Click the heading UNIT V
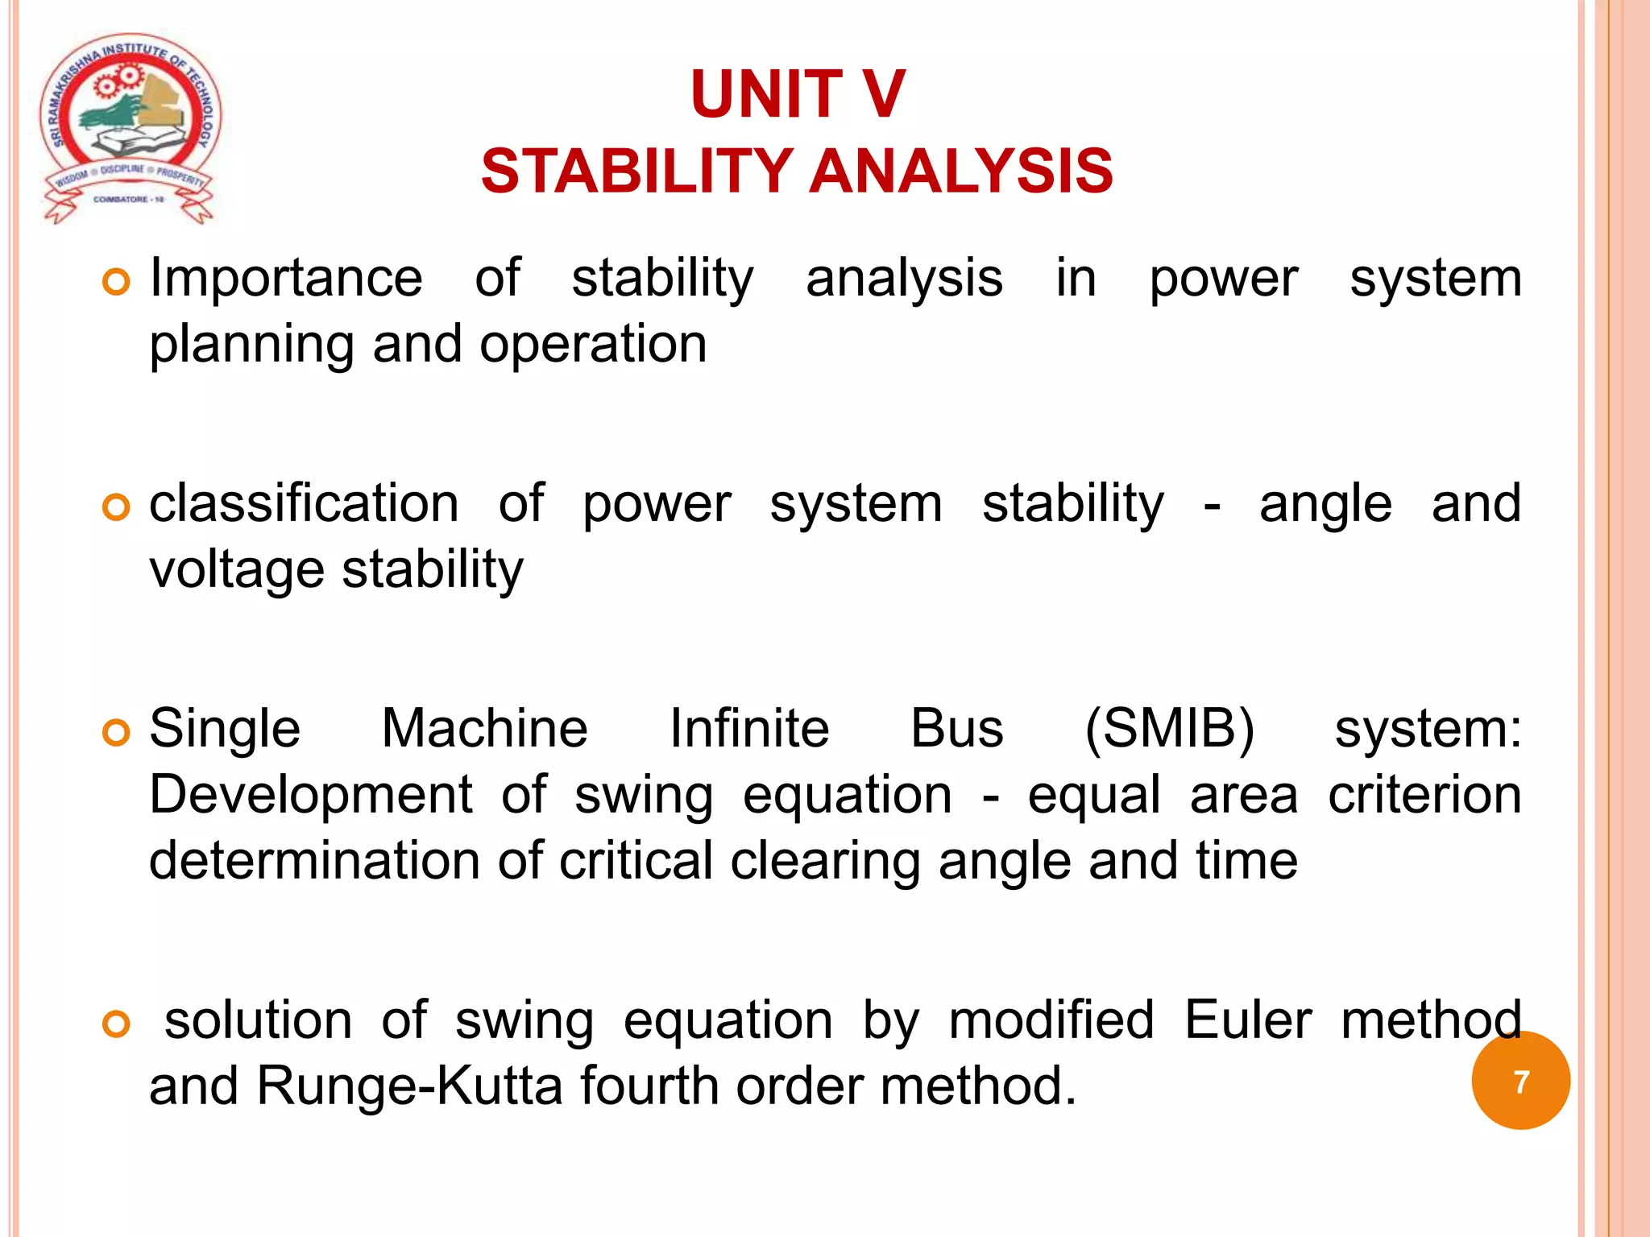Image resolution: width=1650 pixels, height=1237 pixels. pos(798,95)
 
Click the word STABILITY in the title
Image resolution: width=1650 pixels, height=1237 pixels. pos(636,172)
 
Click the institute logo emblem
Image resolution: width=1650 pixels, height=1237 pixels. pos(129,129)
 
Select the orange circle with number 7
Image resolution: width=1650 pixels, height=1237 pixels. pos(1520,1081)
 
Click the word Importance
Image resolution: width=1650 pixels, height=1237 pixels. pos(286,278)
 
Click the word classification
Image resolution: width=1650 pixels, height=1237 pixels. pos(304,503)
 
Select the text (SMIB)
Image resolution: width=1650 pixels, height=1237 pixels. pos(1169,729)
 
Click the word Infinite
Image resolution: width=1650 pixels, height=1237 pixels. pos(749,729)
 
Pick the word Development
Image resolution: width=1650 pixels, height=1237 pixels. pos(310,795)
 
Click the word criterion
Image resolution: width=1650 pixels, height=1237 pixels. pos(1424,795)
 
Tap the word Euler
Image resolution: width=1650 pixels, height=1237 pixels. pos(1248,1020)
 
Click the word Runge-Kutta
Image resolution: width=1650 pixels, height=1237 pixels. pos(409,1086)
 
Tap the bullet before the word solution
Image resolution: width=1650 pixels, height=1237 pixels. pos(116,1024)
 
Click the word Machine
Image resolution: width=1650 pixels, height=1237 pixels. pos(484,729)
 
